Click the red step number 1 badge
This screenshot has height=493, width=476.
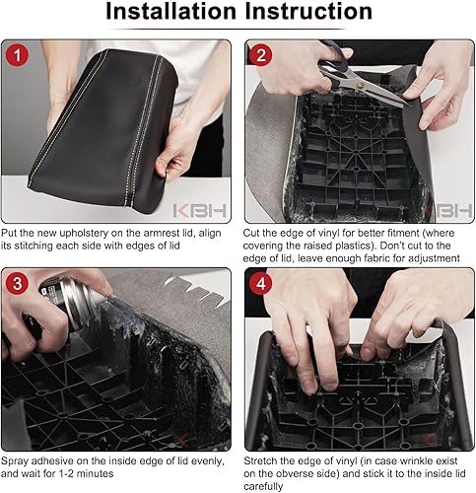click(17, 54)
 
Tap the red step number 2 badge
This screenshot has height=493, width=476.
click(260, 54)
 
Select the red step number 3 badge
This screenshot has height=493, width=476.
click(17, 283)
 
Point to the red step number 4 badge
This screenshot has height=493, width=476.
click(260, 283)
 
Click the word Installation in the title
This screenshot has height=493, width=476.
click(171, 11)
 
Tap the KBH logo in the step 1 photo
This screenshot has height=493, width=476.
click(200, 211)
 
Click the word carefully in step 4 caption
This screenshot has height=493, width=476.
click(263, 487)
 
